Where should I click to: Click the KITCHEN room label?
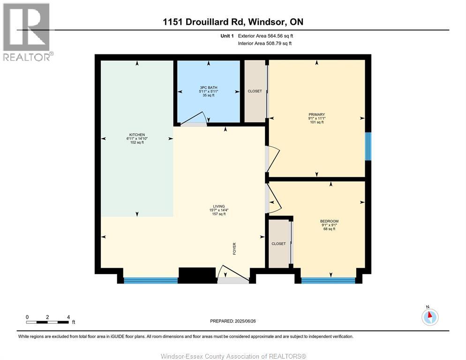point(137,135)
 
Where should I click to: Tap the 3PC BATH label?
point(208,88)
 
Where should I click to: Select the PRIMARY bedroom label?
point(316,114)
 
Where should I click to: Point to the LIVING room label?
point(219,206)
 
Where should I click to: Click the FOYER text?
point(234,249)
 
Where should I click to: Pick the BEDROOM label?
point(329,221)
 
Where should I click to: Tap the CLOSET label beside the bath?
point(255,91)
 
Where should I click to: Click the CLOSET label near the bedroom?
point(278,243)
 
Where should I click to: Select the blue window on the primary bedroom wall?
point(368,146)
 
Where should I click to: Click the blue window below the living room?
point(150,280)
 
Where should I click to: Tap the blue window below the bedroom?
point(328,280)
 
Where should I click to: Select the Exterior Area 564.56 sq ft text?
point(265,36)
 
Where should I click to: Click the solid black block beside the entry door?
point(197,275)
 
